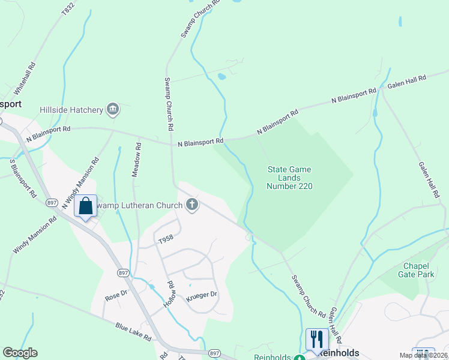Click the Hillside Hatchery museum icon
coord(112,109)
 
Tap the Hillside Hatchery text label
coord(71,110)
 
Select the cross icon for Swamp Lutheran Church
coord(193,206)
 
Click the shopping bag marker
coord(85,206)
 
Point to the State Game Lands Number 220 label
coord(289,178)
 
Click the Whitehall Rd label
coord(29,76)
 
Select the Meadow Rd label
coord(137,159)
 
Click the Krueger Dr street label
coord(201,295)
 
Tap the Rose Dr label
coord(117,296)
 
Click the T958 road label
coord(166,239)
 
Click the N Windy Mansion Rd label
coord(80,183)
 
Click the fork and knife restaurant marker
coord(316,339)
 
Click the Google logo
coord(20,353)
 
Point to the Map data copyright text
coord(423,355)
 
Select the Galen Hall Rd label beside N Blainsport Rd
coord(406,82)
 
